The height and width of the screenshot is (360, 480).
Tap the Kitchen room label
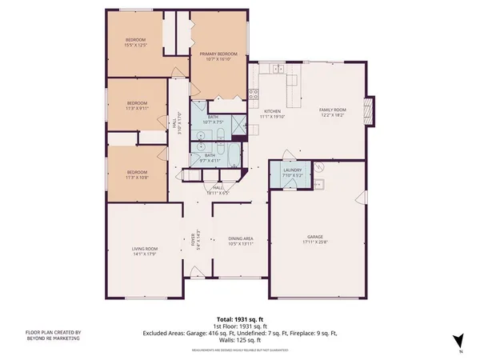coord(272,113)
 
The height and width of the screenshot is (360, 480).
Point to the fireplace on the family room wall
coord(369,108)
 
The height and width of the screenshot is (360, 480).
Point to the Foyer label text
coord(192,241)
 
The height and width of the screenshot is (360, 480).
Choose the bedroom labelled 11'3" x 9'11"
coord(137,105)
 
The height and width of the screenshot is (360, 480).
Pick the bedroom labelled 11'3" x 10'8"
coord(137,174)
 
